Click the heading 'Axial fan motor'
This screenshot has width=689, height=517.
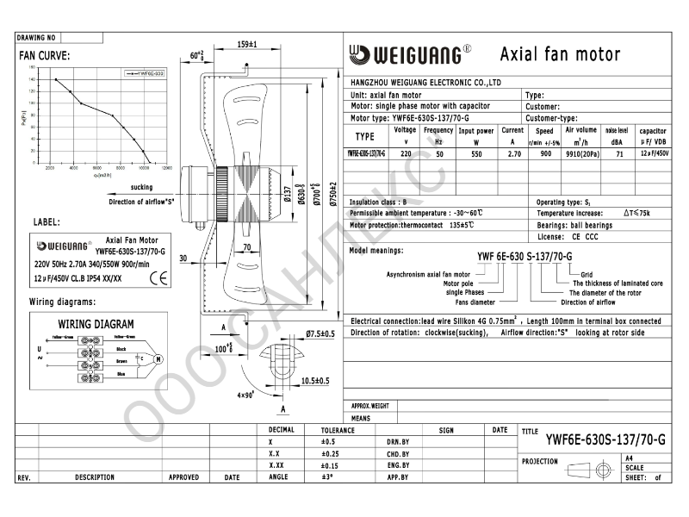560,55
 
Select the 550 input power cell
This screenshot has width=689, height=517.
475,153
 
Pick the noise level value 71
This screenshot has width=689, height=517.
618,153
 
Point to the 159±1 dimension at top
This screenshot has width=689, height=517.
246,44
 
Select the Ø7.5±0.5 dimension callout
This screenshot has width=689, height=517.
320,333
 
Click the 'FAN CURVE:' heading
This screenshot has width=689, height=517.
44,56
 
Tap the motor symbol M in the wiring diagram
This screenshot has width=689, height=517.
158,358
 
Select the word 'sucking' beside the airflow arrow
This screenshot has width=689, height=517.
141,187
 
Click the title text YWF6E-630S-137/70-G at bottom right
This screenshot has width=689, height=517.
605,439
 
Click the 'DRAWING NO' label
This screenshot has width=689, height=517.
36,38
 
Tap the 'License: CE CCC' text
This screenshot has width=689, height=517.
567,235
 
